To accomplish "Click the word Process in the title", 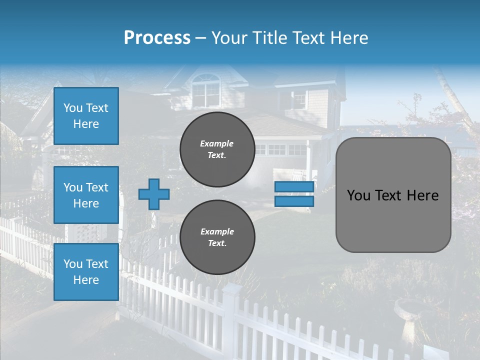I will pos(157,38).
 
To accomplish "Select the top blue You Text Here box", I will pos(86,116).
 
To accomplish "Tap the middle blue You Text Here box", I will pos(86,195).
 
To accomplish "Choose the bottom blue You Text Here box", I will pos(86,272).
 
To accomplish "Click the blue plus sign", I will pos(154,194).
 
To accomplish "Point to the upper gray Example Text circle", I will pos(217,149).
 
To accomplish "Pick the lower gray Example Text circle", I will pos(217,237).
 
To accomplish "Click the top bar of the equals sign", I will pos(294,186).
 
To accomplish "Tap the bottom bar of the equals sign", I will pos(294,201).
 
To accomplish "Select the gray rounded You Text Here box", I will pos(393,195).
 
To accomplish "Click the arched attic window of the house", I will pos(205,90).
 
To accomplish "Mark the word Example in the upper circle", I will pos(217,144).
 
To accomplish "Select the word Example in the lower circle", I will pos(217,232).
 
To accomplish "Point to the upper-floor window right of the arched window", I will pos(298,99).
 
